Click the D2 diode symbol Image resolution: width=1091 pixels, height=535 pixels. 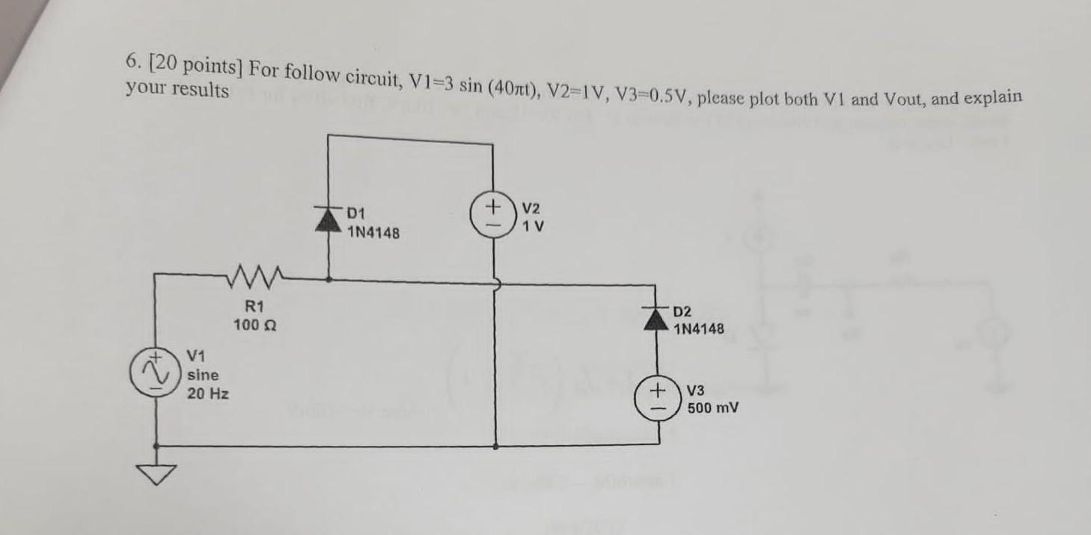(x=656, y=319)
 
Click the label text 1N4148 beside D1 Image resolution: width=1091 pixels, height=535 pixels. (x=374, y=233)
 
